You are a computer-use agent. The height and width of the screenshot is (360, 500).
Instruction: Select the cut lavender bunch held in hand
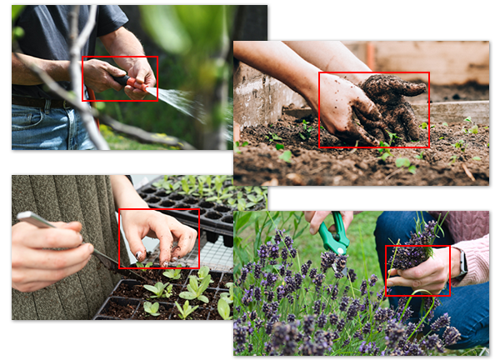pos(412,250)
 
